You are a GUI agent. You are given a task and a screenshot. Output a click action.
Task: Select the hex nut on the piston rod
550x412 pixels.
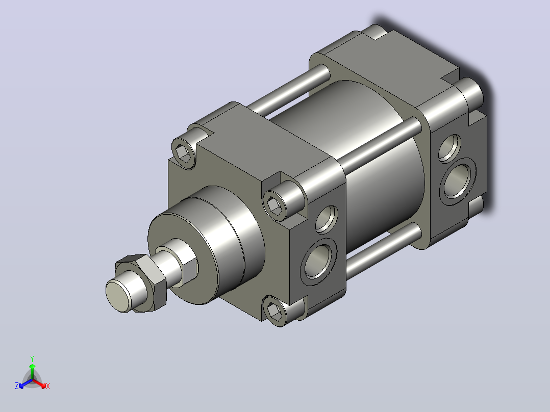(142, 282)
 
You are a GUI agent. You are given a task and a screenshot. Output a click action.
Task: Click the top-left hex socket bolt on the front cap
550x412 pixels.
(184, 153)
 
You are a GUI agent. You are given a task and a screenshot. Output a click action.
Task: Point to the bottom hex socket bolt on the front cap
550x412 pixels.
(274, 311)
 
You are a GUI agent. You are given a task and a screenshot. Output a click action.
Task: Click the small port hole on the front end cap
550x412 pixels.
(327, 219)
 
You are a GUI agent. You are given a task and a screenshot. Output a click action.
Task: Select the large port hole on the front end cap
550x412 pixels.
(318, 262)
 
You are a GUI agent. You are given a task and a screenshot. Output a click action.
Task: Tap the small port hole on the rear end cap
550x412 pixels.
(449, 148)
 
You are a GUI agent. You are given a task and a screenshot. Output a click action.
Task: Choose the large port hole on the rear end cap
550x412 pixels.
(458, 181)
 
